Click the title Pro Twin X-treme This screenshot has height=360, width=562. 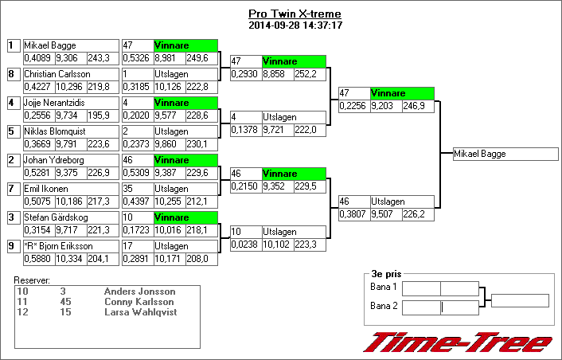tap(295, 14)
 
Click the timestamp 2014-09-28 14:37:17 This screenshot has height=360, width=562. tap(295, 25)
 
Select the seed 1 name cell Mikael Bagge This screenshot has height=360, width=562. tap(70, 45)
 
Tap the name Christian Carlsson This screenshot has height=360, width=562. tap(70, 74)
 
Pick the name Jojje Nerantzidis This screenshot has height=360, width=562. tap(70, 103)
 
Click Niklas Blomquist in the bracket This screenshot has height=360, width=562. tap(70, 131)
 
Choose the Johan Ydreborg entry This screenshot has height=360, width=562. tap(70, 160)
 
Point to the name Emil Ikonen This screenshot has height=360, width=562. tap(70, 189)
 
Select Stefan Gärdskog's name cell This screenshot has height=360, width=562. tap(70, 217)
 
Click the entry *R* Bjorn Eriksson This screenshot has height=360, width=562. tap(70, 246)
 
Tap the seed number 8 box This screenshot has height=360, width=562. tap(13, 74)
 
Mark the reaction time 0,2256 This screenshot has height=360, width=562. tap(353, 106)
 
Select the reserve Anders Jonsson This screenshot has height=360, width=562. tap(139, 292)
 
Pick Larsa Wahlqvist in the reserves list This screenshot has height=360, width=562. tap(140, 312)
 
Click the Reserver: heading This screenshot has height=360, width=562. tap(33, 280)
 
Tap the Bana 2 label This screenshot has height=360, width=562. tap(384, 306)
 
